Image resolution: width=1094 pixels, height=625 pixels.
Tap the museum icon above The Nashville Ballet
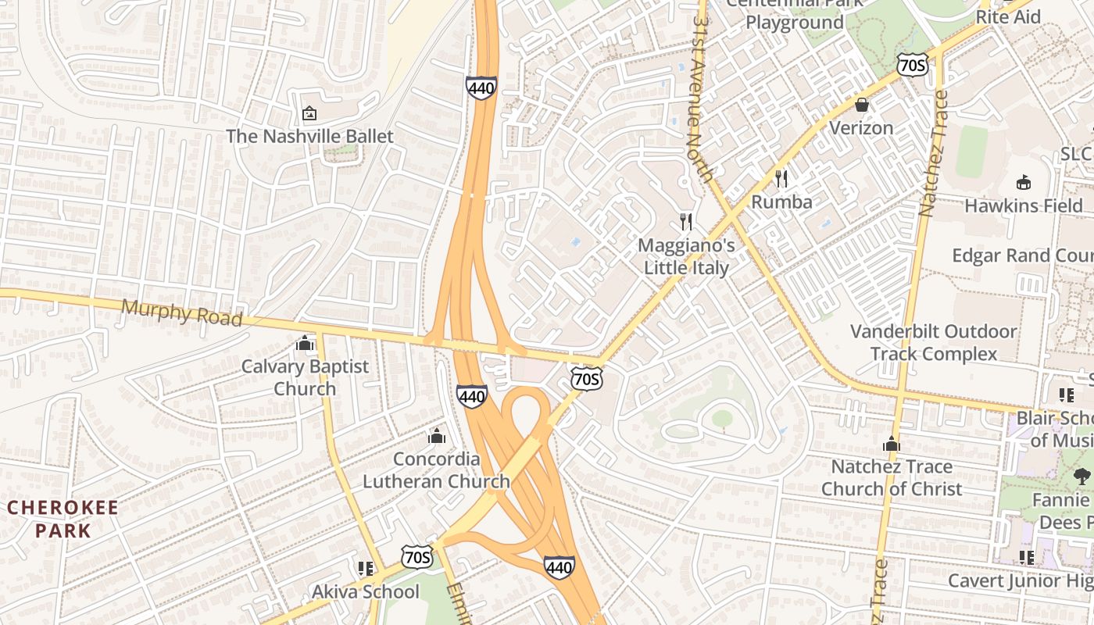[x=309, y=114]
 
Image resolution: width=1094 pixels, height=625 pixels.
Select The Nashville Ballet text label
[x=309, y=136]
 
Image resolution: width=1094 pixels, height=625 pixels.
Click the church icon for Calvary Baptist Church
[x=305, y=343]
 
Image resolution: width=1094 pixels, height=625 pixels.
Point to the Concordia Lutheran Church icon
[x=437, y=435]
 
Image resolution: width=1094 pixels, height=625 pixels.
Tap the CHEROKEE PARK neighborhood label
[x=62, y=519]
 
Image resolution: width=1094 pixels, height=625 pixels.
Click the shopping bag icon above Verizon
[x=862, y=105]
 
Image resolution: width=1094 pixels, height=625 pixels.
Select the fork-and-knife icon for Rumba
[x=781, y=179]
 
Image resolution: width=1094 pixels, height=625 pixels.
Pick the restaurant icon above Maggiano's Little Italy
[x=686, y=222]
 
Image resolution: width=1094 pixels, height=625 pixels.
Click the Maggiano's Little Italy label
[x=686, y=256]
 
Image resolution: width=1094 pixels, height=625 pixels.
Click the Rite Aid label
[x=1008, y=16]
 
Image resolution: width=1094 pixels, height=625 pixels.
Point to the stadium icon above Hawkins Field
[x=1023, y=183]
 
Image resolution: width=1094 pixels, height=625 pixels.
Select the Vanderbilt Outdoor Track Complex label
[x=934, y=342]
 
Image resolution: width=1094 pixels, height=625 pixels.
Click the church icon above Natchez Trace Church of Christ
[x=892, y=444]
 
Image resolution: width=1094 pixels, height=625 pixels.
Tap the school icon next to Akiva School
[x=364, y=569]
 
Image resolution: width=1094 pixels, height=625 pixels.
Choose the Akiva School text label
[x=366, y=591]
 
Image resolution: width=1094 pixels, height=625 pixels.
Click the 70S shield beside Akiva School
[x=417, y=557]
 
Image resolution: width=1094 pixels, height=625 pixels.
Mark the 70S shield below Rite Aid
[x=912, y=64]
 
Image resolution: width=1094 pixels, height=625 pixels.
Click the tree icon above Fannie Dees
[x=1082, y=476]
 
